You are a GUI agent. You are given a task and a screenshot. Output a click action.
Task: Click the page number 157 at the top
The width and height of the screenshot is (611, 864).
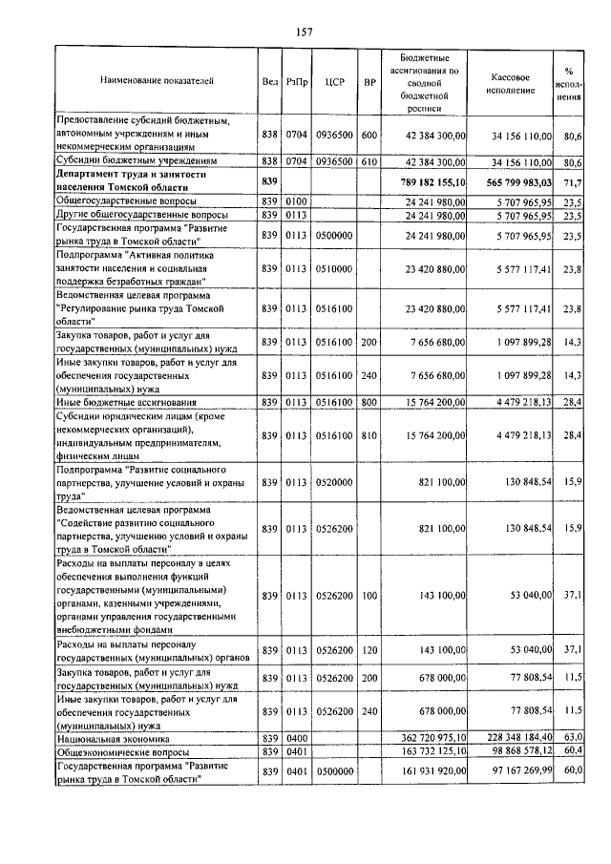tap(305, 32)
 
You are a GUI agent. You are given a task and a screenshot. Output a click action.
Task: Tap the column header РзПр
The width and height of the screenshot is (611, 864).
tap(296, 82)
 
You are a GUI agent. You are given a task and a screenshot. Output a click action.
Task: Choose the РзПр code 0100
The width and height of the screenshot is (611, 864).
tap(296, 202)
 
